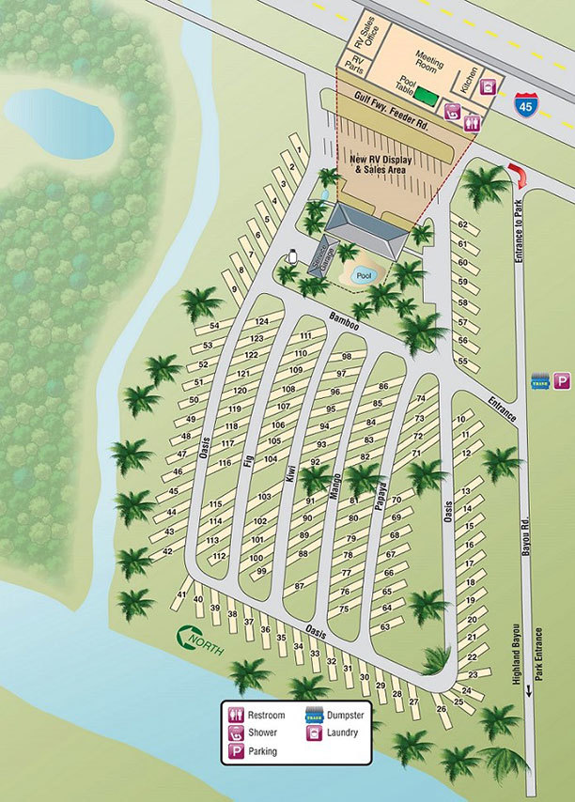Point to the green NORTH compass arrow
point(196,640)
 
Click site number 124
point(261,322)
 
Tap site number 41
point(181,594)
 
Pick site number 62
point(462,224)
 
